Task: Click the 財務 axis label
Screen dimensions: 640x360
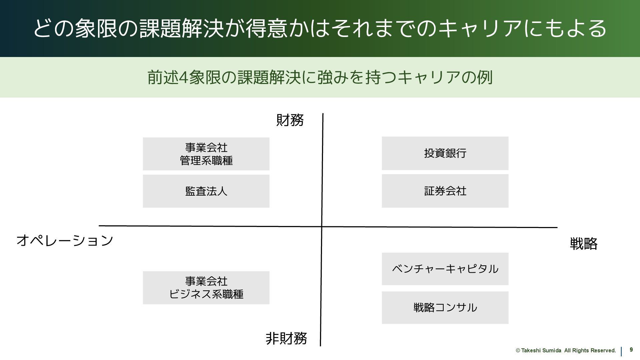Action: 290,120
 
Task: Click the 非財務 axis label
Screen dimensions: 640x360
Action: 286,338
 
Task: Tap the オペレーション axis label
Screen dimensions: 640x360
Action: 65,240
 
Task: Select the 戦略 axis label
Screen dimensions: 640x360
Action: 583,244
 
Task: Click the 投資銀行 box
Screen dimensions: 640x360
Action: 445,153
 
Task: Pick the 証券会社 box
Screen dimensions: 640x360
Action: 445,191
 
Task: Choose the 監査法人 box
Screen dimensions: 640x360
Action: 206,191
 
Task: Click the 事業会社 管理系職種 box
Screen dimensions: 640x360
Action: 206,154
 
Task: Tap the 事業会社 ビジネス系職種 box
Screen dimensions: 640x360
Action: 206,288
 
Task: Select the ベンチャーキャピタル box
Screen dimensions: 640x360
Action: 445,269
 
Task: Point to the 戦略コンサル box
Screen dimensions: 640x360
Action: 445,307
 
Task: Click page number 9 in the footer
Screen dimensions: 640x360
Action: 631,350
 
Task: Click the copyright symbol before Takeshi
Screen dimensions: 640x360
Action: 518,351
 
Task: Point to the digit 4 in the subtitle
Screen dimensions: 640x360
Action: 183,77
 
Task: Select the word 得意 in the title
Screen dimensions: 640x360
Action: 267,28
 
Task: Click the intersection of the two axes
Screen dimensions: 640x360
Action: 322,227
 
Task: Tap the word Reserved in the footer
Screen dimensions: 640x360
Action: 604,351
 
